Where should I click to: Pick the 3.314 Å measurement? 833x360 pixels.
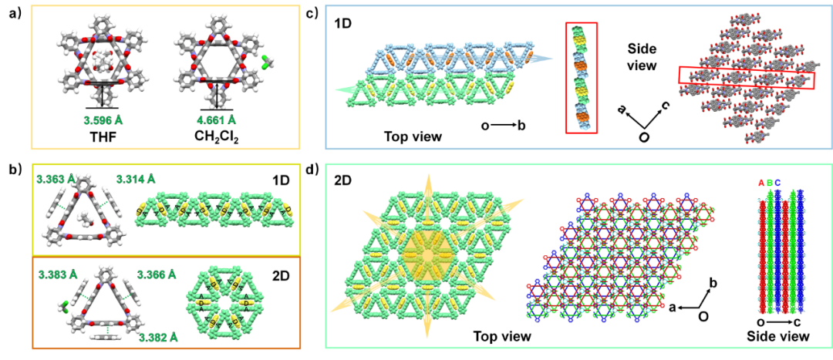point(142,179)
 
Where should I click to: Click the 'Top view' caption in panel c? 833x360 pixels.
point(413,137)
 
